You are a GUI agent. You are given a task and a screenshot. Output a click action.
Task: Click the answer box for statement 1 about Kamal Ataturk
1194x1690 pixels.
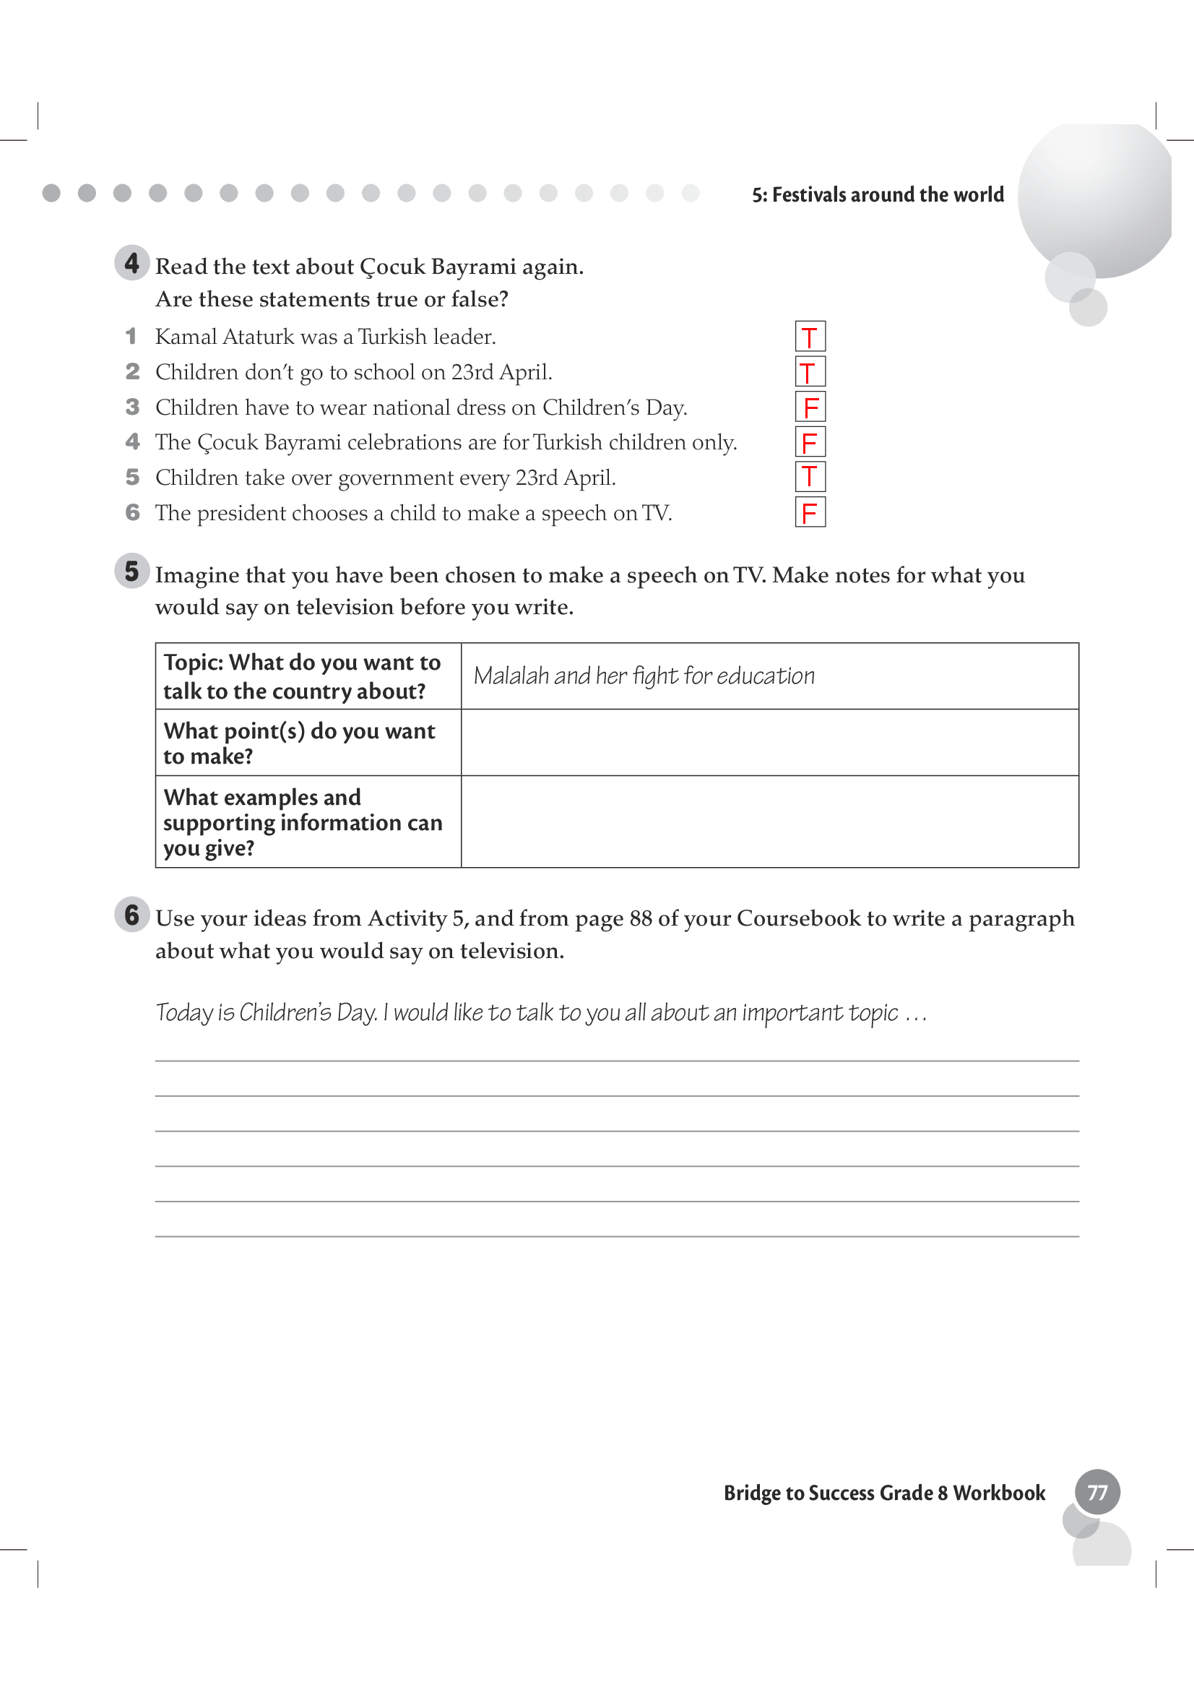click(x=810, y=337)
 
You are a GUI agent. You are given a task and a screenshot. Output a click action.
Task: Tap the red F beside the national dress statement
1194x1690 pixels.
click(x=810, y=407)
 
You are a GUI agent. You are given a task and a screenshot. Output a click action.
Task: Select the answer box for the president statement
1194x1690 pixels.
click(x=810, y=512)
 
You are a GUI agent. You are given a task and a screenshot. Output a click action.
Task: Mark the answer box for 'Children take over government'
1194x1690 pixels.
click(x=810, y=476)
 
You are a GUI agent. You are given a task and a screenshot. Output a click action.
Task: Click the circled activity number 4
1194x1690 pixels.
click(x=131, y=263)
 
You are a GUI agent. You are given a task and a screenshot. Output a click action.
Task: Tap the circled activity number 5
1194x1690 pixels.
click(x=131, y=572)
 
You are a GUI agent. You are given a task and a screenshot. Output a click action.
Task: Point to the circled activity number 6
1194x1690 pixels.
click(x=131, y=915)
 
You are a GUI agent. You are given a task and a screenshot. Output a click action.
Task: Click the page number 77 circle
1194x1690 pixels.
click(x=1097, y=1492)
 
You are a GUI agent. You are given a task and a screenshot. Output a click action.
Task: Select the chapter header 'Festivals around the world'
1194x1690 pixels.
click(x=878, y=195)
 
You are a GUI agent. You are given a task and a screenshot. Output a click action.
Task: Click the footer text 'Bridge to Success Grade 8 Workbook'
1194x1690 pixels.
click(x=884, y=1493)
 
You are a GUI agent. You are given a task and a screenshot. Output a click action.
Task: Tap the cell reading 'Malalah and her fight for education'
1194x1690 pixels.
click(x=644, y=676)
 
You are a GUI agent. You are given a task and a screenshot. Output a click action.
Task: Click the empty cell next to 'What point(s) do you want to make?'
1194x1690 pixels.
click(x=769, y=743)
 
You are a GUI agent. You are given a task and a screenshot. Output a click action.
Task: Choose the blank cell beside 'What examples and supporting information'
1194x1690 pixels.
click(x=769, y=822)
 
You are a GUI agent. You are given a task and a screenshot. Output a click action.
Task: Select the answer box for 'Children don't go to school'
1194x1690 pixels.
click(x=810, y=371)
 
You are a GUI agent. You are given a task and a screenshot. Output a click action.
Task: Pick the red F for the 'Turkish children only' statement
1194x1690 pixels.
click(x=810, y=442)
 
